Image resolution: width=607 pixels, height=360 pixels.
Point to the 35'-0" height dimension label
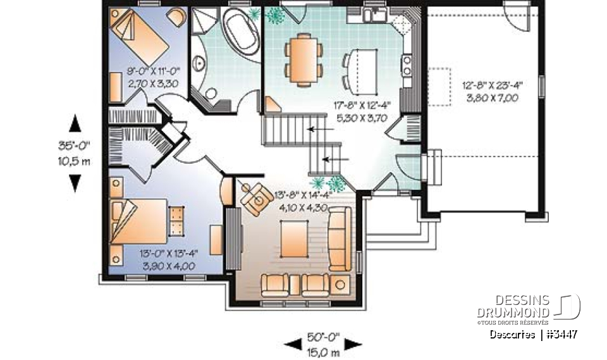click(x=75, y=144)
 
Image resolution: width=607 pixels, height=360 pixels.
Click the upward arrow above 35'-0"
click(x=75, y=123)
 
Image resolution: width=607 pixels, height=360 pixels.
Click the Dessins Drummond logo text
click(x=513, y=307)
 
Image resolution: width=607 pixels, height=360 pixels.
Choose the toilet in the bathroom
click(x=209, y=94)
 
